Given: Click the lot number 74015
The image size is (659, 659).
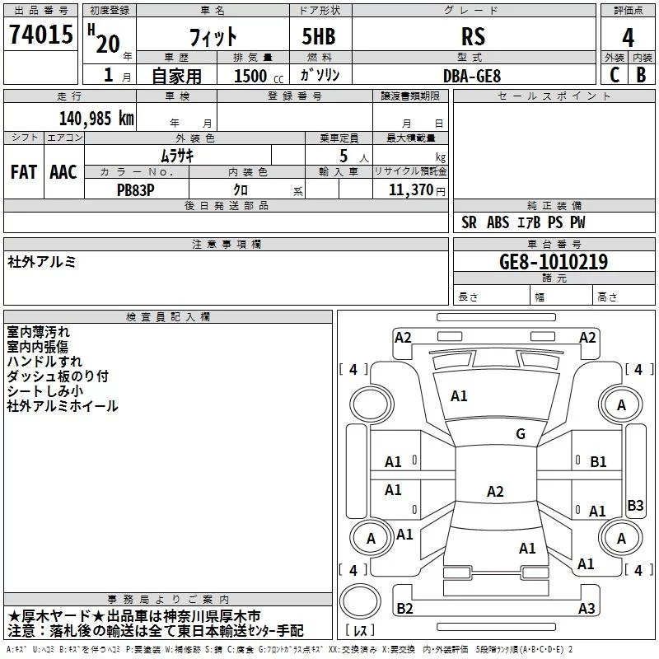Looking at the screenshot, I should (41, 36).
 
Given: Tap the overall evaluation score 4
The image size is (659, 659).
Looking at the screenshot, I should (628, 38).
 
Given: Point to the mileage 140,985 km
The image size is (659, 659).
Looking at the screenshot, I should (96, 118).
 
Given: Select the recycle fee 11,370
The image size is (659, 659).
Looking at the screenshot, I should (412, 189).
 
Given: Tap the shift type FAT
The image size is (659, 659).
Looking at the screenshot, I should (24, 172).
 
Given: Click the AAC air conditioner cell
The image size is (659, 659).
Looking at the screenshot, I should (63, 172).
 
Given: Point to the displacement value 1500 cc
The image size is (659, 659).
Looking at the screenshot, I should (256, 76).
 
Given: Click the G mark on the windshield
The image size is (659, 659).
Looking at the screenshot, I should (520, 434).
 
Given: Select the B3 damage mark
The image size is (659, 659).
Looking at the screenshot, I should (635, 506).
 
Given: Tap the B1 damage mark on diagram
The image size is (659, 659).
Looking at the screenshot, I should (598, 462).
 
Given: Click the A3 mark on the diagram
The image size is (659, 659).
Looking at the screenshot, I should (587, 609).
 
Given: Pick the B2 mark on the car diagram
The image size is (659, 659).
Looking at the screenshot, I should (404, 609).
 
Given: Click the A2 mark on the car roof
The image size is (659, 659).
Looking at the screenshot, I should (495, 492).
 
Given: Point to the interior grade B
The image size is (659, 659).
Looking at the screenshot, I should (641, 75).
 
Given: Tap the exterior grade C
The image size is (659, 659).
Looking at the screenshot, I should (615, 75).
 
